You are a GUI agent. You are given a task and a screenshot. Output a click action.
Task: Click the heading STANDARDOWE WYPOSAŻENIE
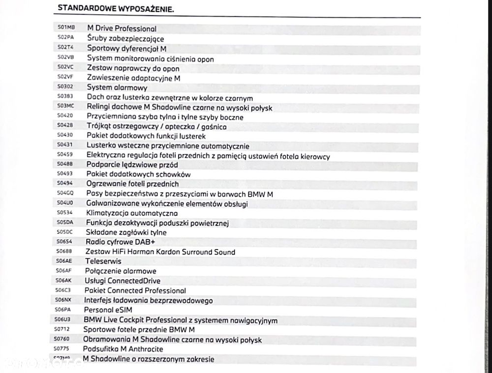coord(116,8)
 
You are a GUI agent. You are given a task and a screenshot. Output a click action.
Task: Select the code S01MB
coord(66,28)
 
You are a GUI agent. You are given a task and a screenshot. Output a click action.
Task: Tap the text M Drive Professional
coord(122,29)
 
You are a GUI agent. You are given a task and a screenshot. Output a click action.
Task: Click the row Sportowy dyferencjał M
coord(126,49)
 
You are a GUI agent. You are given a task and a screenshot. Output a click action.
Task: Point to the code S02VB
coord(65,57)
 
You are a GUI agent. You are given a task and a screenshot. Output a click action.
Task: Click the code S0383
coord(65,97)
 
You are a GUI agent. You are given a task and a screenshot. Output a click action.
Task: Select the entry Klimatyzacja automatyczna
coord(131,213)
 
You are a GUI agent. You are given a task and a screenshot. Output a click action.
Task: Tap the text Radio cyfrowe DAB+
coord(117,242)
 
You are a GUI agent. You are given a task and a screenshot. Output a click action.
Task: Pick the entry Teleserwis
coord(103,261)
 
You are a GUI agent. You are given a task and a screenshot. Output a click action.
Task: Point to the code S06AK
coord(64,281)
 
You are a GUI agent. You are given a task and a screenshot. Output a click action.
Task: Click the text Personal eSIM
coord(108,310)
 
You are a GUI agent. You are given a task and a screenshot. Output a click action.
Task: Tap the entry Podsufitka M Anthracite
coord(123,349)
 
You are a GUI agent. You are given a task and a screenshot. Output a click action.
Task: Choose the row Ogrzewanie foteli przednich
coord(132,184)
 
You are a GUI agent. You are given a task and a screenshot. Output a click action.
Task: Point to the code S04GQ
coord(65,193)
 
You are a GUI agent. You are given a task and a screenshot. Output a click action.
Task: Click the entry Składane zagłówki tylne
coord(126,232)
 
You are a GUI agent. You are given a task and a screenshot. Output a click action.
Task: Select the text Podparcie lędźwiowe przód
coord(132,165)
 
